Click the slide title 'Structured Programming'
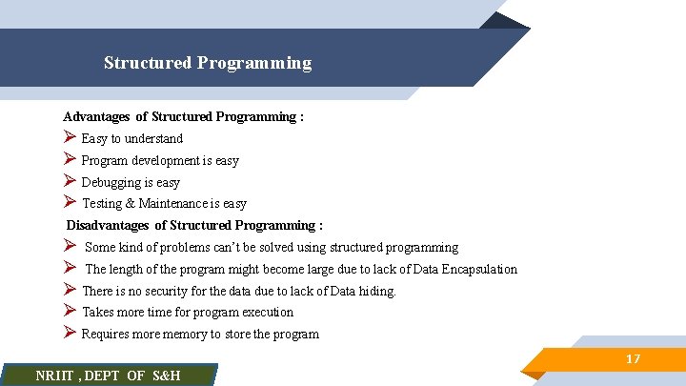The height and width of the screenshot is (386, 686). click(208, 64)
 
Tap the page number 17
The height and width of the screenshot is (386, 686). click(633, 359)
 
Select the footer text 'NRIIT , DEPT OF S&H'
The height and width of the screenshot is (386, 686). click(108, 376)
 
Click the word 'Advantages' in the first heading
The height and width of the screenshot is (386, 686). click(96, 117)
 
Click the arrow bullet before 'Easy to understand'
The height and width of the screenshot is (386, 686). click(70, 138)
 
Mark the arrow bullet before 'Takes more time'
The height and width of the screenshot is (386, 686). click(70, 312)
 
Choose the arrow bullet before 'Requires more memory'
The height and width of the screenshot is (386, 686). click(70, 334)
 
